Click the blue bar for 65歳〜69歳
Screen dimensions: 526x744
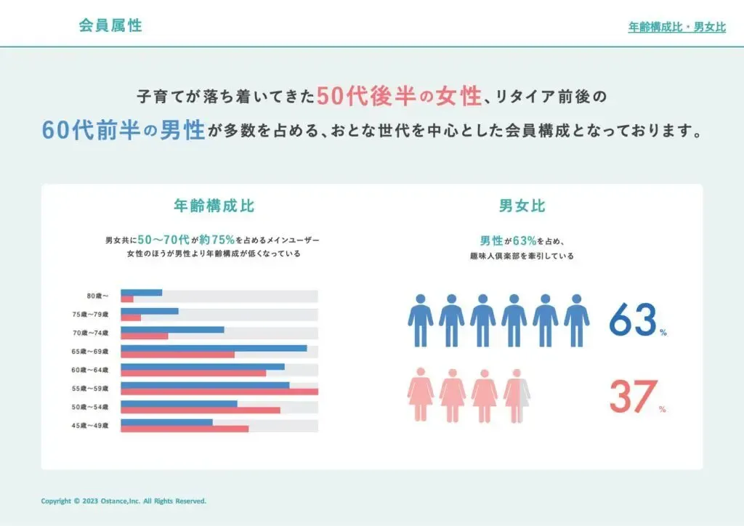pos(214,348)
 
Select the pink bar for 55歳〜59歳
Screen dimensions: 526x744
pos(219,392)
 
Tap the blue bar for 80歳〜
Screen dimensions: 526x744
pos(141,292)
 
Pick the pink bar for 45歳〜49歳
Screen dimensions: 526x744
pos(185,429)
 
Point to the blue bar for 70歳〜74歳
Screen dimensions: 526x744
pos(172,329)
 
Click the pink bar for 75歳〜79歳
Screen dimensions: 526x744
pos(131,317)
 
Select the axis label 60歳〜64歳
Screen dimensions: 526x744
pos(94,370)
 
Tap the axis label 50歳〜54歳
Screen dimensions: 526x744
pos(94,407)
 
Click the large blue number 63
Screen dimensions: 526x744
pos(633,320)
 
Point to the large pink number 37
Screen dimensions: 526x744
pos(633,397)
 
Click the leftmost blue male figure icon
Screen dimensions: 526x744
pos(420,320)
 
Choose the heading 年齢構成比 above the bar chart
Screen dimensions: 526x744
pos(214,206)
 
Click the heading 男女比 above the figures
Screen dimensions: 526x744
pos(522,206)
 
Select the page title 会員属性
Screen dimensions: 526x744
pos(110,25)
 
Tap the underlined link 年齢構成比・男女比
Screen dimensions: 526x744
pos(676,28)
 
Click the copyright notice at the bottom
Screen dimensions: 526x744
pos(124,501)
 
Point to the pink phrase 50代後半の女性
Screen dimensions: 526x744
pos(399,95)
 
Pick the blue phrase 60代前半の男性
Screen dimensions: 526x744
pos(122,131)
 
